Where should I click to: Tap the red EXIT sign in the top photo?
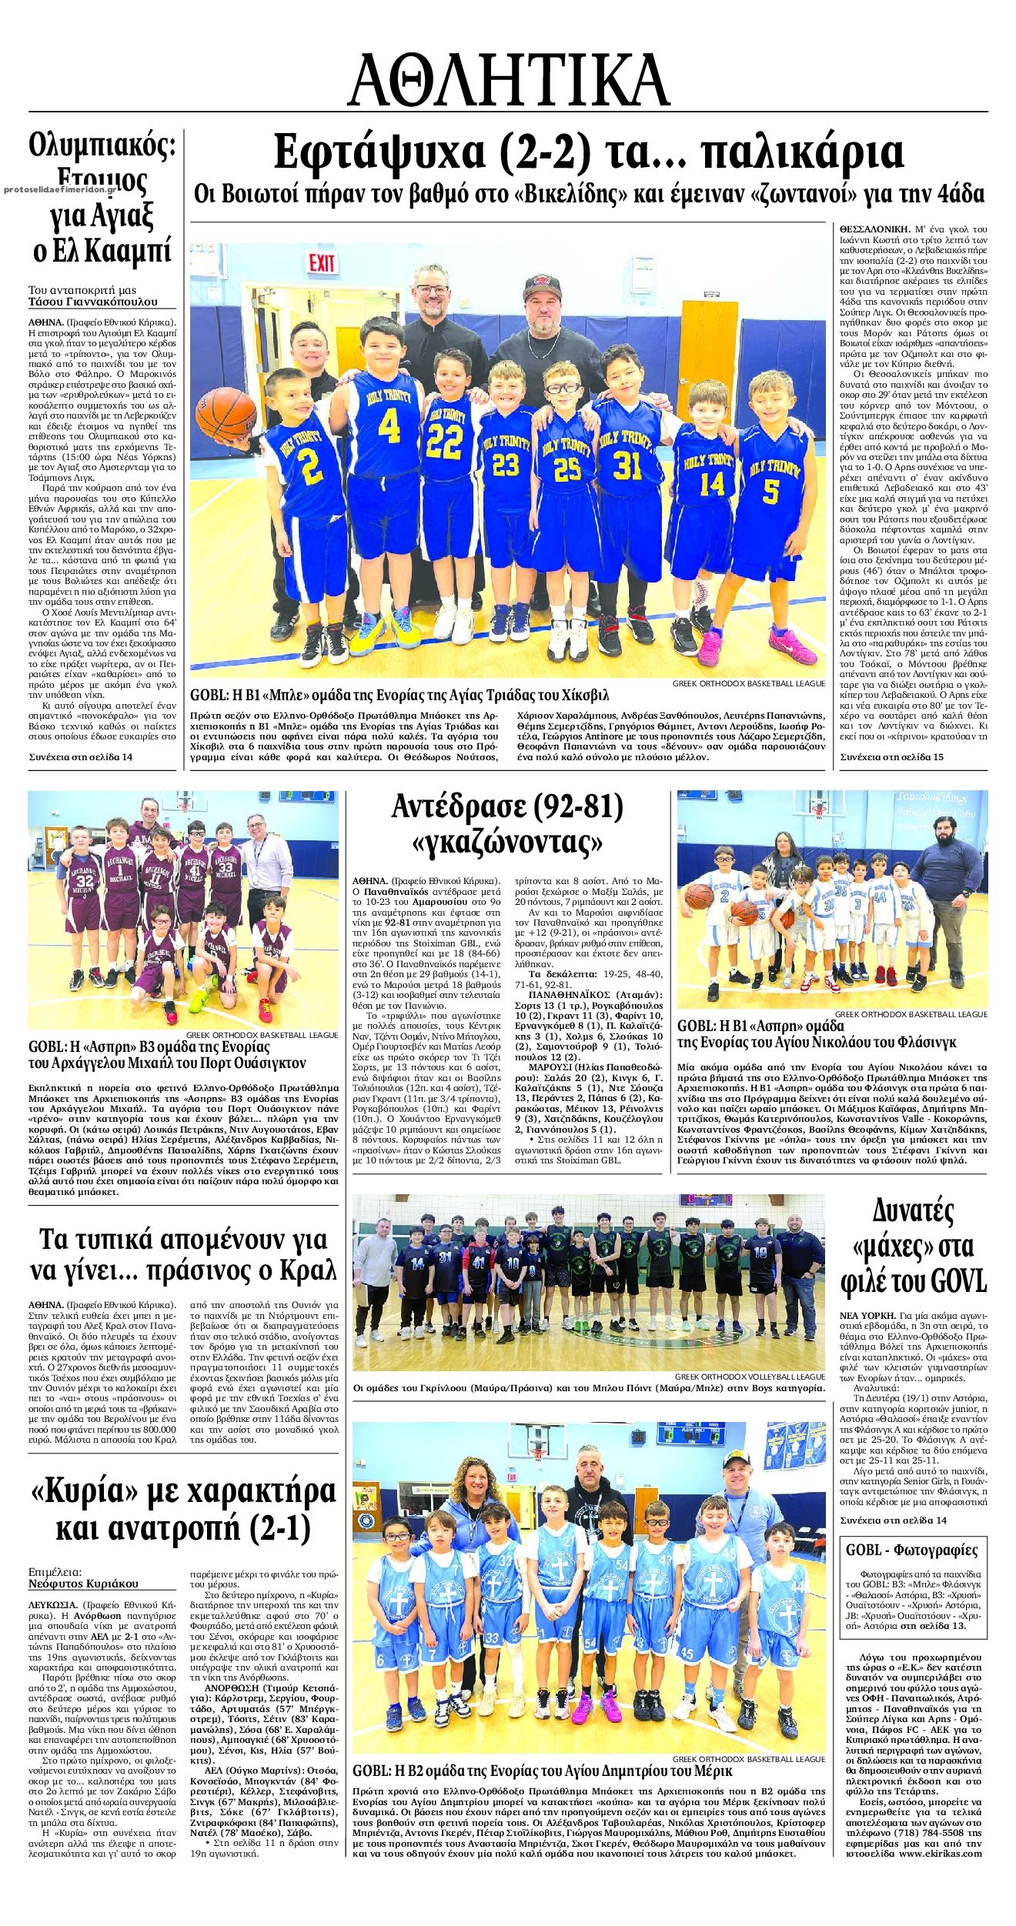point(321,262)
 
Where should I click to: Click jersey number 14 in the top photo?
point(713,483)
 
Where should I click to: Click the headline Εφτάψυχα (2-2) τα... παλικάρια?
point(589,152)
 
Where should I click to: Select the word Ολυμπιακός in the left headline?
point(102,145)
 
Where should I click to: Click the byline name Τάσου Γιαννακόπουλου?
point(92,302)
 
